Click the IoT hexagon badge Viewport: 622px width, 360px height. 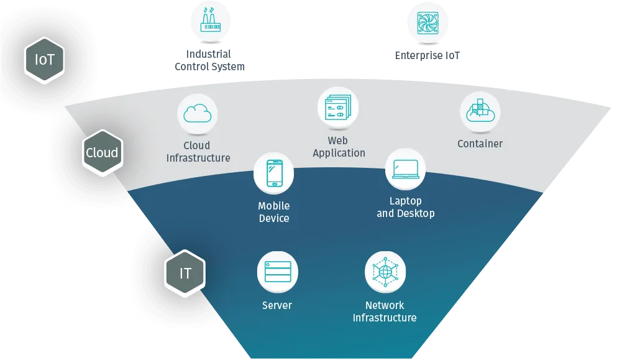pyautogui.click(x=44, y=60)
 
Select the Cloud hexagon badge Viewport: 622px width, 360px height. pyautogui.click(x=103, y=152)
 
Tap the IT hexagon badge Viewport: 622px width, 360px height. pyautogui.click(x=185, y=273)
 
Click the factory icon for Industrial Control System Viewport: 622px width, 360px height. pyautogui.click(x=210, y=20)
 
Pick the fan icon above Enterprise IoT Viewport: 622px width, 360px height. pyautogui.click(x=428, y=23)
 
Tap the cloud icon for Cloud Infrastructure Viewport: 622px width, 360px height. pyautogui.click(x=197, y=114)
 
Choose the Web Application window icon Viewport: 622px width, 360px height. pyautogui.click(x=338, y=107)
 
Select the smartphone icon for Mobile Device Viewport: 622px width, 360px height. pyautogui.click(x=274, y=173)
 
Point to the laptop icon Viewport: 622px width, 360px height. pyautogui.click(x=405, y=169)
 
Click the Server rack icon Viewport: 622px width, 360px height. pyautogui.click(x=278, y=272)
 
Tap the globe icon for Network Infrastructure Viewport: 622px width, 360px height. pyautogui.click(x=385, y=272)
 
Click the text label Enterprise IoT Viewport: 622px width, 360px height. pyautogui.click(x=428, y=55)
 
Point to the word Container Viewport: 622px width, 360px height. pyautogui.click(x=480, y=144)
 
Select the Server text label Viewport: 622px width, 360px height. pyautogui.click(x=277, y=305)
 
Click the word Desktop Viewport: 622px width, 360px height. pyautogui.click(x=416, y=213)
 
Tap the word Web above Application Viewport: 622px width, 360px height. pyautogui.click(x=337, y=141)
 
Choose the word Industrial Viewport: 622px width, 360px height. pyautogui.click(x=209, y=54)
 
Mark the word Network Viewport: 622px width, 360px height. pyautogui.click(x=385, y=305)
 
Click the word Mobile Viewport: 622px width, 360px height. pyautogui.click(x=273, y=206)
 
